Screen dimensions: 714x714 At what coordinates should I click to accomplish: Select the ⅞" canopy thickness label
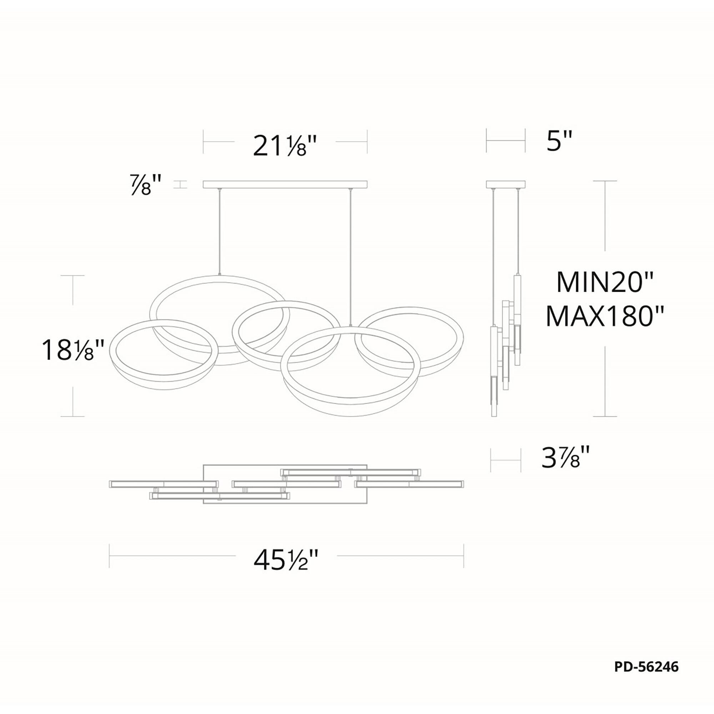(x=146, y=185)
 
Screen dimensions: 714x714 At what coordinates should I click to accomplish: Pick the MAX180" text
(x=605, y=316)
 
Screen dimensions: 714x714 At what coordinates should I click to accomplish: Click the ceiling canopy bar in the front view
(x=285, y=185)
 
